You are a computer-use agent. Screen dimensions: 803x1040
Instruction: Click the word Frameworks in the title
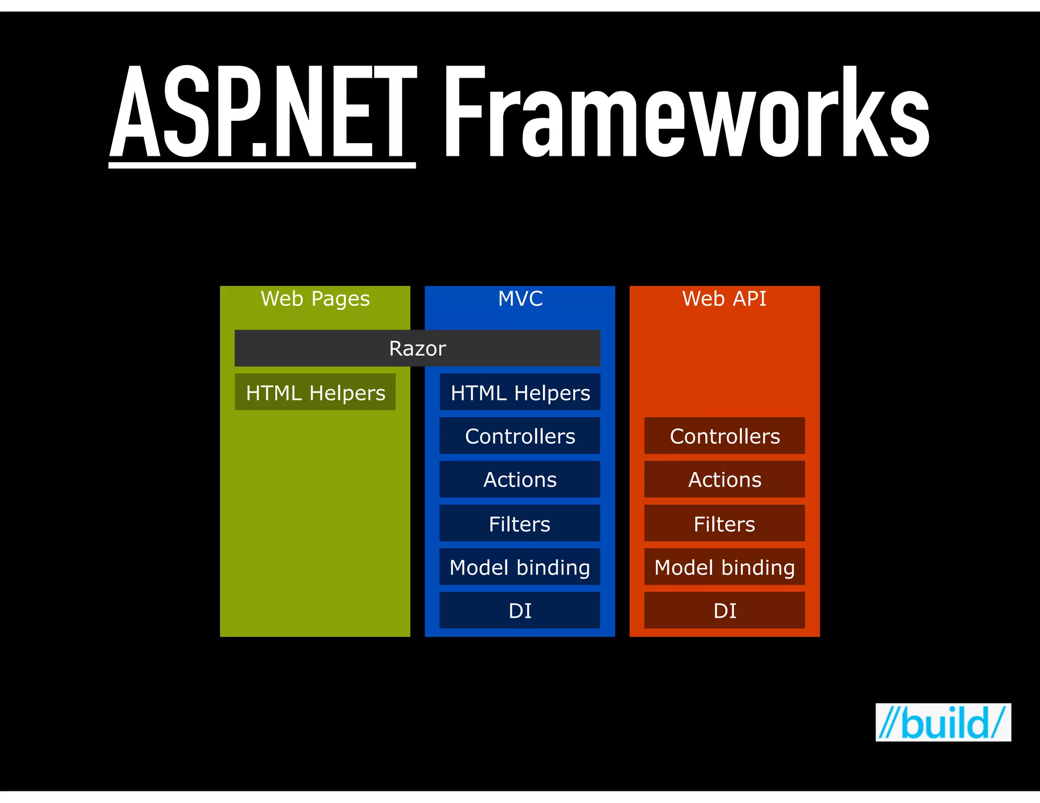click(x=687, y=113)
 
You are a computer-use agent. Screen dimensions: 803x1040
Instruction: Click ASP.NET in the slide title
click(x=263, y=113)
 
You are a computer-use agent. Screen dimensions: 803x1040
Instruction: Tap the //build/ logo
click(x=943, y=722)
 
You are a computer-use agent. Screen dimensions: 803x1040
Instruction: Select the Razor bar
click(x=417, y=348)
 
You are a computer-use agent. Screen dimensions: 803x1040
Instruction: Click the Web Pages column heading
click(x=315, y=298)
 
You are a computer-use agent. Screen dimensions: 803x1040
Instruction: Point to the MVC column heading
click(x=520, y=298)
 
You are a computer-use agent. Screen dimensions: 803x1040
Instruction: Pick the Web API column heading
click(x=724, y=298)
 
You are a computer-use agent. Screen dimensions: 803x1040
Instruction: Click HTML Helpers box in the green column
click(x=315, y=392)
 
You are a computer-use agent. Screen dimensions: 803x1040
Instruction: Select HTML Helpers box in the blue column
click(x=520, y=392)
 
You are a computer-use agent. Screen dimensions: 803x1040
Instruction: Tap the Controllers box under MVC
click(x=520, y=436)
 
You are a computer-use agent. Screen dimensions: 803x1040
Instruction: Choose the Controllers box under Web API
click(x=725, y=436)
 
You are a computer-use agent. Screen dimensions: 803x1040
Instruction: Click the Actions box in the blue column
click(x=520, y=480)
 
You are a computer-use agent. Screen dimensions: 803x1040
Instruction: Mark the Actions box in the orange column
click(x=725, y=480)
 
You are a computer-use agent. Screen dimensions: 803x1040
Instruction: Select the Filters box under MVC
click(x=520, y=523)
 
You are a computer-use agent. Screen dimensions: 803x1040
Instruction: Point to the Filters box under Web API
click(x=725, y=523)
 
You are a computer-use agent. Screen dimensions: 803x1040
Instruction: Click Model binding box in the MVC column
click(x=520, y=567)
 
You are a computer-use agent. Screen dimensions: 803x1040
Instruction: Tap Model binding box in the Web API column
click(x=725, y=567)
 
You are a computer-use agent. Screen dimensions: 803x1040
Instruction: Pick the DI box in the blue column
click(x=520, y=610)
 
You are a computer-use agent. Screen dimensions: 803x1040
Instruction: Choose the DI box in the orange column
click(x=725, y=610)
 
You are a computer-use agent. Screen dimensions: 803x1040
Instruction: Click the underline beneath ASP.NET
click(x=262, y=165)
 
